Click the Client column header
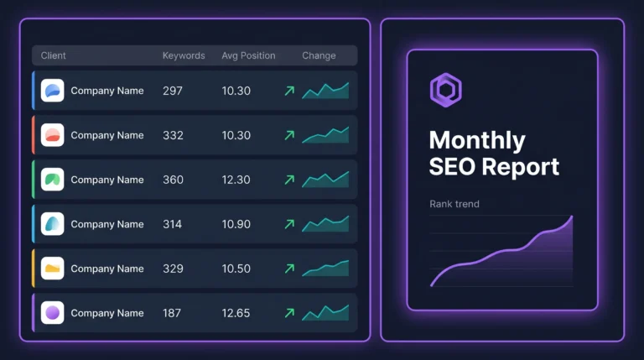[x=54, y=55]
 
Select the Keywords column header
[x=184, y=55]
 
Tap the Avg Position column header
[x=248, y=55]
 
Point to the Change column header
[x=319, y=55]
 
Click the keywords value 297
[x=174, y=91]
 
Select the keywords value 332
[x=174, y=135]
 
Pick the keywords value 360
[x=174, y=180]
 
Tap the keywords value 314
[x=174, y=224]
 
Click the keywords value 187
[x=173, y=313]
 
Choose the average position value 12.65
[x=236, y=313]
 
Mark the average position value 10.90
[x=236, y=224]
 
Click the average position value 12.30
[x=236, y=180]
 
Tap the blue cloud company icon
[x=52, y=91]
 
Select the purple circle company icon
[x=52, y=313]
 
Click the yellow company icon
[x=52, y=269]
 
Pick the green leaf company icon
[x=52, y=180]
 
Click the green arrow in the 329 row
[x=289, y=269]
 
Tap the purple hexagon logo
[x=445, y=89]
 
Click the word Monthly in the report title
[x=477, y=140]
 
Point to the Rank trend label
[x=454, y=204]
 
